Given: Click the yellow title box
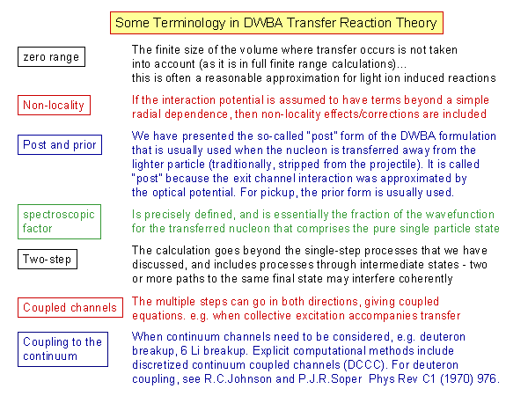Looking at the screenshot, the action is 276,23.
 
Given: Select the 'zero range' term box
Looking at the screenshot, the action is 51,56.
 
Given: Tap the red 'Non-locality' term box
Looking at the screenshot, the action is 54,105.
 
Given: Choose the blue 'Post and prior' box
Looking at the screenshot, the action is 60,145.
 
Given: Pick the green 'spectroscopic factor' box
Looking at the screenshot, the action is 59,222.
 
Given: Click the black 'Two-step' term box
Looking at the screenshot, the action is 48,259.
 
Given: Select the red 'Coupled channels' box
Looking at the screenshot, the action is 70,307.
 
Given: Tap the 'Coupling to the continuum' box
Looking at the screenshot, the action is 62,349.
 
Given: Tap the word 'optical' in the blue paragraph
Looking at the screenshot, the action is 169,193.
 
